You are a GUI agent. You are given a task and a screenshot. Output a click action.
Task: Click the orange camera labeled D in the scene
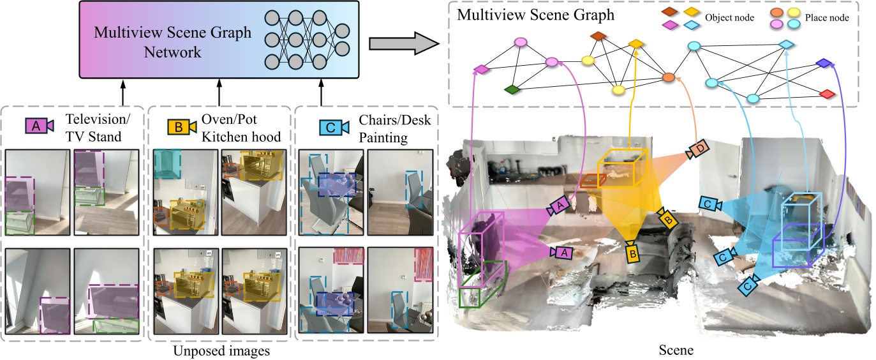697,150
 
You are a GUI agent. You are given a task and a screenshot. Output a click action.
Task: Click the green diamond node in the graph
510,90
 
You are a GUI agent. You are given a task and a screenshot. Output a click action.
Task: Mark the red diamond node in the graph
826,94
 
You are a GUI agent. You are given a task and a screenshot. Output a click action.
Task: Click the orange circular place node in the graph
668,77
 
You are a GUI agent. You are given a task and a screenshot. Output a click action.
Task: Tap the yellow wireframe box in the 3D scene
622,167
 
